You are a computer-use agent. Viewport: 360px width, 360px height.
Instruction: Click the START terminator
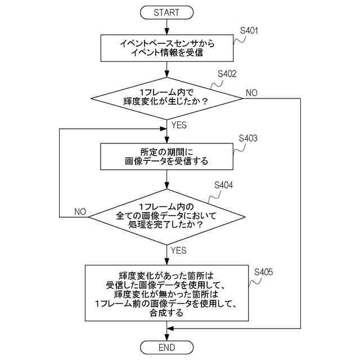[x=166, y=12]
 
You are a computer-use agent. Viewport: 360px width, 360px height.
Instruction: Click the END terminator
[x=166, y=346]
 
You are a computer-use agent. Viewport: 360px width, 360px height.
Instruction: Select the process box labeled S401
[x=167, y=48]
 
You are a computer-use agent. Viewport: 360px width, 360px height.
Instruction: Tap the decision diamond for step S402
[x=167, y=97]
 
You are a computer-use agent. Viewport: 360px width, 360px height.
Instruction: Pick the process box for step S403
[x=167, y=156]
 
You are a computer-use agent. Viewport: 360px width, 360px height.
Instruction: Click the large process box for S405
[x=167, y=292]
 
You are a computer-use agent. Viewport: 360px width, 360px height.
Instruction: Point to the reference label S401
[x=250, y=31]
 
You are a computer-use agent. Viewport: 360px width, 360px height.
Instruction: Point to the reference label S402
[x=227, y=74]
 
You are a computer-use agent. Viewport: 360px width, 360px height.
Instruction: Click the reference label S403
[x=248, y=138]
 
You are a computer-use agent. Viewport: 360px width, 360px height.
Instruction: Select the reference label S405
[x=263, y=272]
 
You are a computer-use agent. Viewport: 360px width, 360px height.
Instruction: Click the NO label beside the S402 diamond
[x=251, y=92]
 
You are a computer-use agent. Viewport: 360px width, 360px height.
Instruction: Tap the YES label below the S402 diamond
[x=179, y=125]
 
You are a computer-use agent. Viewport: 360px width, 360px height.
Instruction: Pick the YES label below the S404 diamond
[x=179, y=250]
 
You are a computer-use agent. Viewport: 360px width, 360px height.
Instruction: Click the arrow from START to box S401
[x=167, y=26]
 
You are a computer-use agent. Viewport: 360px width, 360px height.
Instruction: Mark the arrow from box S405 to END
[x=167, y=331]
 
